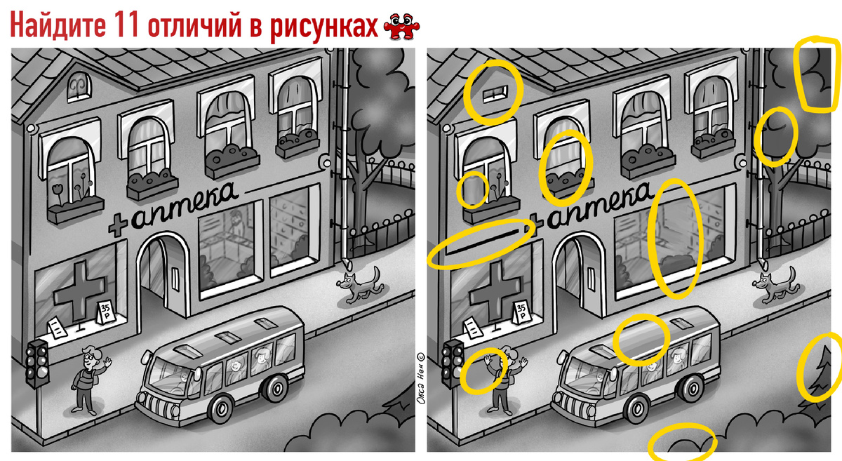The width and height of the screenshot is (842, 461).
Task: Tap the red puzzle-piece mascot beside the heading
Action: [401, 27]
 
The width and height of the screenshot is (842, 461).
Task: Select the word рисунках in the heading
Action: [323, 27]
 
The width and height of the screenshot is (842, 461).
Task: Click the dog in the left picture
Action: [360, 286]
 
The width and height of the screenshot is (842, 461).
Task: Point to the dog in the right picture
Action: [775, 286]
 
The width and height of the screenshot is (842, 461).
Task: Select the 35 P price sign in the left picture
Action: [106, 313]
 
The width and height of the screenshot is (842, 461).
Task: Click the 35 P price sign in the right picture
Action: [522, 313]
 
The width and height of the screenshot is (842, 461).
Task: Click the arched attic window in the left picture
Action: [79, 87]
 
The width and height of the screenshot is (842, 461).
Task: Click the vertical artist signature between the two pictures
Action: [422, 378]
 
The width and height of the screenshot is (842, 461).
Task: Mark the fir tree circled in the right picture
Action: [822, 373]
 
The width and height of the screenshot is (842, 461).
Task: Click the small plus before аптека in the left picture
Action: [119, 225]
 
